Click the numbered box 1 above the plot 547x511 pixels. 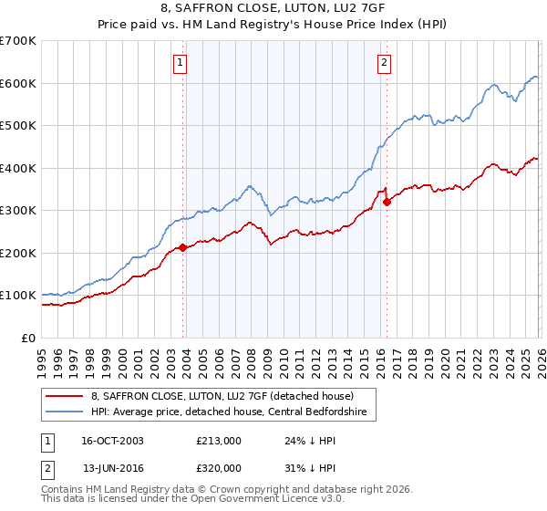coord(181,63)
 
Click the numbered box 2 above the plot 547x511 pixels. coord(384,63)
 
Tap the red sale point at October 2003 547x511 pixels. coord(183,247)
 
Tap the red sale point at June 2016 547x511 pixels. coord(387,202)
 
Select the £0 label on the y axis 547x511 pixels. coord(28,338)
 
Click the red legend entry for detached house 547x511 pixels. coord(228,396)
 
